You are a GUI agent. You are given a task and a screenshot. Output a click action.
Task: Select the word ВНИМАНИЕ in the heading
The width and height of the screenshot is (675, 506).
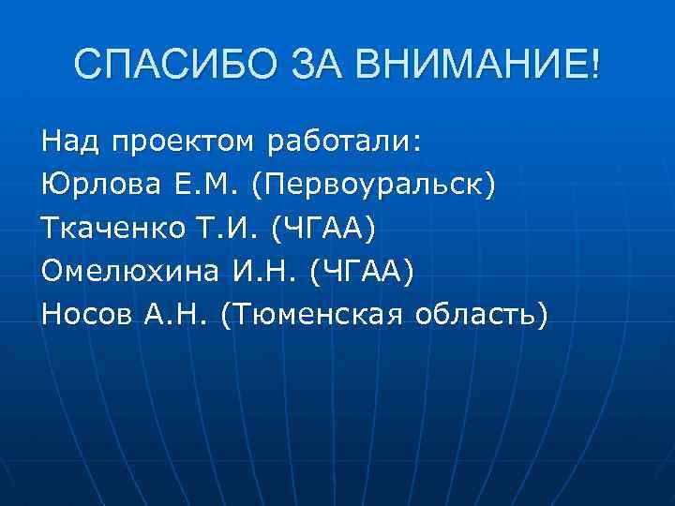[471, 67]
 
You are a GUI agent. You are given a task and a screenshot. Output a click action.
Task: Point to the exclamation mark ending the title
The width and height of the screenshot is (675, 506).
[596, 67]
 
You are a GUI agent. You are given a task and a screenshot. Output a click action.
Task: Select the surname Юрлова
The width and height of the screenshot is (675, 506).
[95, 185]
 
